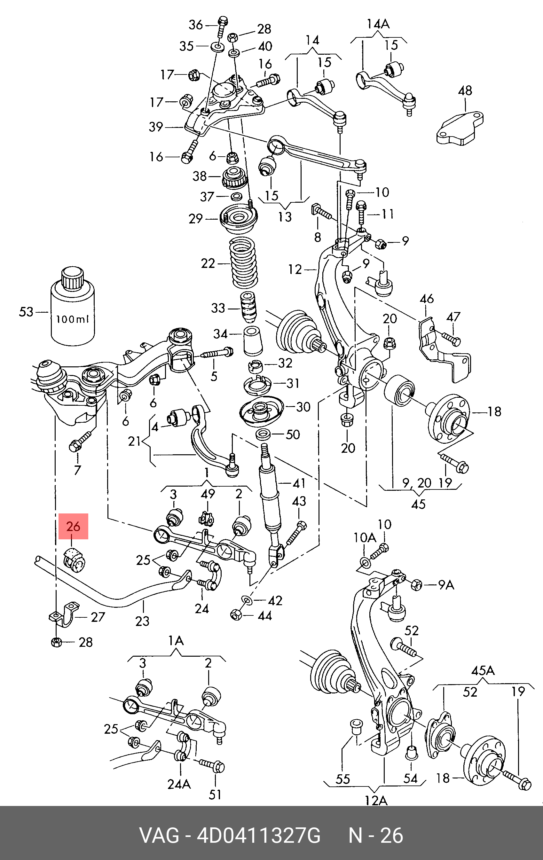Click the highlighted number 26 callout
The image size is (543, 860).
(x=73, y=526)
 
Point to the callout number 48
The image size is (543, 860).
(x=465, y=91)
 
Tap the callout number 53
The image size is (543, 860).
(x=26, y=312)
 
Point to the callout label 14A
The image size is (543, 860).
(x=378, y=24)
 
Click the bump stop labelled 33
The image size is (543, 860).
(x=248, y=308)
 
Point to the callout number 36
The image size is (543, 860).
(x=195, y=25)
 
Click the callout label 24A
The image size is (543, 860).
(x=179, y=784)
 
